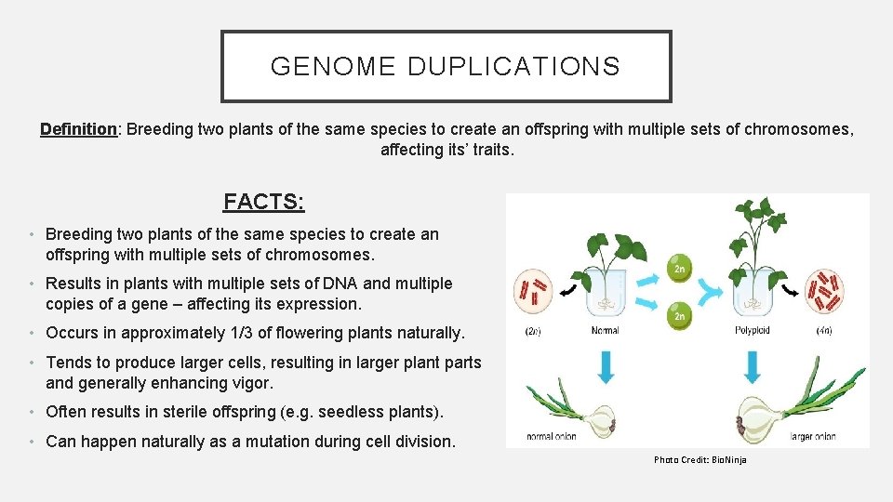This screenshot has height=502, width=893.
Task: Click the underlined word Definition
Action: click(x=78, y=129)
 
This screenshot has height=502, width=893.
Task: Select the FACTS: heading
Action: click(x=264, y=202)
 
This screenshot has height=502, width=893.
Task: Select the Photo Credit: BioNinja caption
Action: click(x=700, y=460)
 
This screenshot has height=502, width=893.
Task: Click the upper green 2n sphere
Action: click(x=679, y=270)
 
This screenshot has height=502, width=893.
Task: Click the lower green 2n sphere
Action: click(x=679, y=316)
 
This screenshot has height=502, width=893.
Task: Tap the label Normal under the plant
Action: click(x=605, y=330)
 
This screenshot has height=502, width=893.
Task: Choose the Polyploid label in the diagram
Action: click(x=753, y=330)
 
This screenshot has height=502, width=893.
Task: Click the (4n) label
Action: click(x=824, y=330)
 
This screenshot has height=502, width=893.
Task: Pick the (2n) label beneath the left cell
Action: click(x=534, y=330)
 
